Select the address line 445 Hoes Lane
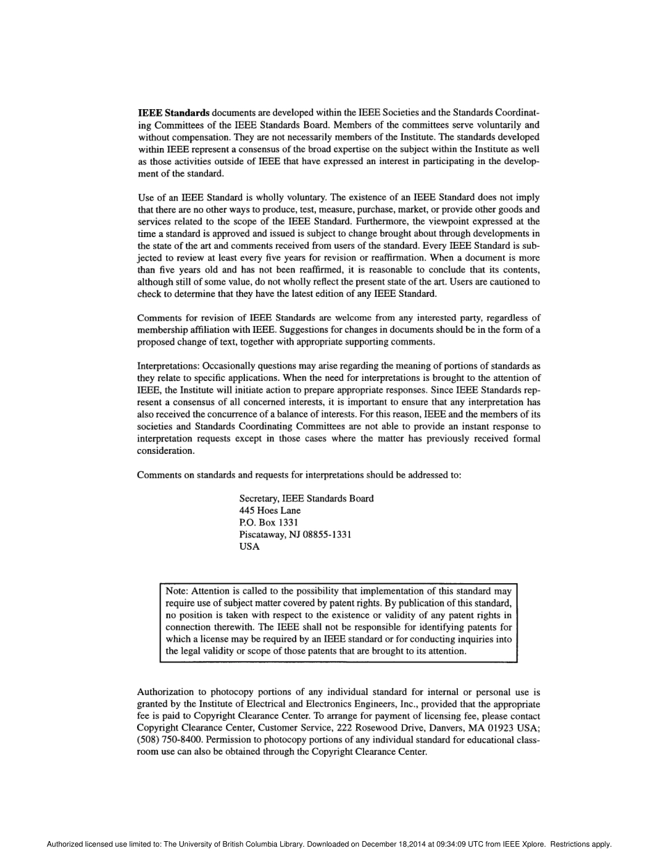(x=270, y=510)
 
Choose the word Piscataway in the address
(x=262, y=535)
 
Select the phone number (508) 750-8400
(x=170, y=740)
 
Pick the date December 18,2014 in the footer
(x=381, y=845)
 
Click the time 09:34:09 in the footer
(x=437, y=845)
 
